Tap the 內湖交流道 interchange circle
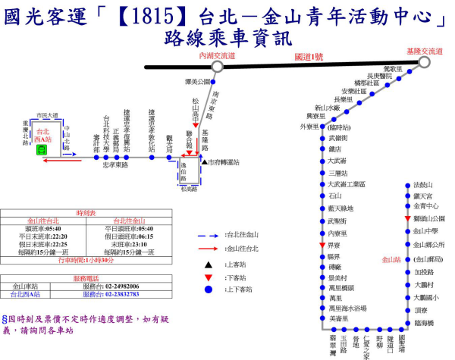(x=217, y=67)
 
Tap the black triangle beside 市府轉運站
(x=204, y=161)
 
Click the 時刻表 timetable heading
(x=84, y=213)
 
